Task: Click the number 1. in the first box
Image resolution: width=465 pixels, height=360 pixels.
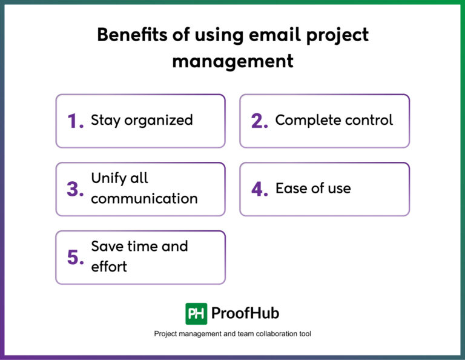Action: (75, 122)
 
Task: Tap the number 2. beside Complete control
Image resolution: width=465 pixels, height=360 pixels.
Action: (260, 122)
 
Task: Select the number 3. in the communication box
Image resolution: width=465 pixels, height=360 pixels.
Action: (75, 190)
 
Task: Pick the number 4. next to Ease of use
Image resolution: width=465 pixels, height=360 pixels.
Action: (260, 190)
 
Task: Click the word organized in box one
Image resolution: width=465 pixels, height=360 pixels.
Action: (159, 121)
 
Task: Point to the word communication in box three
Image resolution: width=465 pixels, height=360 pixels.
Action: (144, 198)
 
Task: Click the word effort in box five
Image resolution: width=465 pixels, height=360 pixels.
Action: (109, 266)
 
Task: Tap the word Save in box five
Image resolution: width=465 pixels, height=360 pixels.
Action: (106, 246)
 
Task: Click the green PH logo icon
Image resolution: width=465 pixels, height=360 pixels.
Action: (196, 313)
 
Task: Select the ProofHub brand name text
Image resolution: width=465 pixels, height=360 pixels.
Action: (245, 313)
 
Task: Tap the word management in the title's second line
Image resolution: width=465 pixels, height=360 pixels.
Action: (232, 61)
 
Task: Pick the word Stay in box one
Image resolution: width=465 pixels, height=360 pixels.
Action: (105, 121)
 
